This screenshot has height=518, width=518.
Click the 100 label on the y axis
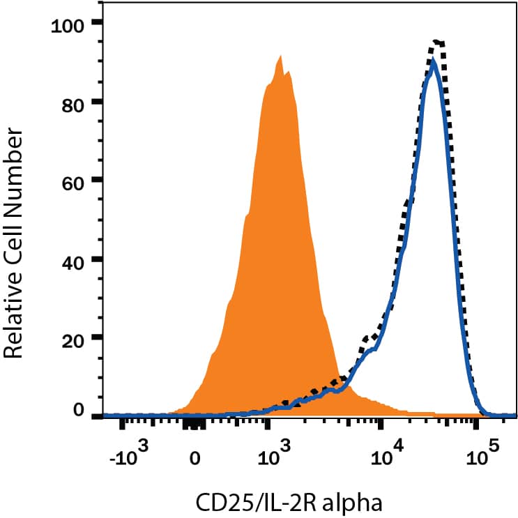point(68,26)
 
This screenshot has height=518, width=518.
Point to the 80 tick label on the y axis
point(73,103)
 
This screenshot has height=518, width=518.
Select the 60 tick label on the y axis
point(73,181)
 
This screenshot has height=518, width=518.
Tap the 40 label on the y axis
point(73,259)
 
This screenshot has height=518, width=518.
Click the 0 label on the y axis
point(78,412)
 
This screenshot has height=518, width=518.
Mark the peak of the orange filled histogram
point(280,56)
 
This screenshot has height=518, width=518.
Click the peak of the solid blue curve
point(434,61)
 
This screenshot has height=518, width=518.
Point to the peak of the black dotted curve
point(438,42)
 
